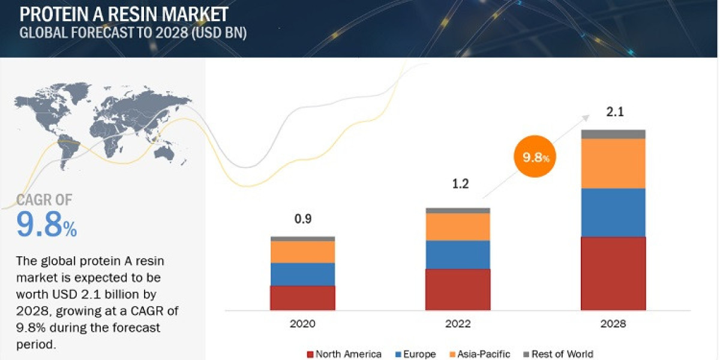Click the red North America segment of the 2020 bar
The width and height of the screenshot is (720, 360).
pyautogui.click(x=302, y=298)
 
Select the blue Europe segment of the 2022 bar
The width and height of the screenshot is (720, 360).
pyautogui.click(x=458, y=254)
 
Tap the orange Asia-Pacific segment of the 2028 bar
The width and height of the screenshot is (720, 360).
pyautogui.click(x=613, y=163)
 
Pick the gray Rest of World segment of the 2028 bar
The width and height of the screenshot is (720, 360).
pyautogui.click(x=613, y=134)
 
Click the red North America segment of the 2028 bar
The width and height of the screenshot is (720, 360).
pyautogui.click(x=613, y=274)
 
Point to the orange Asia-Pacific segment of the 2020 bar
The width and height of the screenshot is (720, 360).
pyautogui.click(x=302, y=252)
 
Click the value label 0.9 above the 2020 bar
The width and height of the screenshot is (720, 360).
pyautogui.click(x=302, y=219)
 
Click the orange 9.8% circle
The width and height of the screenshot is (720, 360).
pyautogui.click(x=535, y=158)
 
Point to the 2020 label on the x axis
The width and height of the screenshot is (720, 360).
pyautogui.click(x=302, y=324)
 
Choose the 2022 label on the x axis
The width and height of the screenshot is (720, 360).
pyautogui.click(x=458, y=324)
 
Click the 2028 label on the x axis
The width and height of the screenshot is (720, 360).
pyautogui.click(x=613, y=324)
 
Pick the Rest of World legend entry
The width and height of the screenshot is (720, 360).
pyautogui.click(x=558, y=354)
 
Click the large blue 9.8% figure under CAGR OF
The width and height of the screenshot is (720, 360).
pyautogui.click(x=47, y=225)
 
